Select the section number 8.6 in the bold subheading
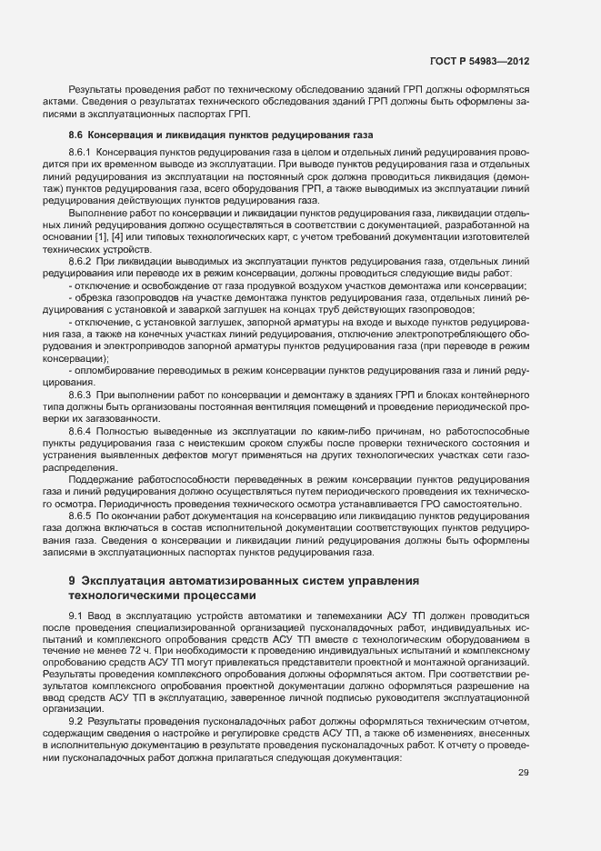76,135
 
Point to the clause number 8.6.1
81,150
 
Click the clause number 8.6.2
81,261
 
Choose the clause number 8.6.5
81,516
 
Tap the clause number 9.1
75,616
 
